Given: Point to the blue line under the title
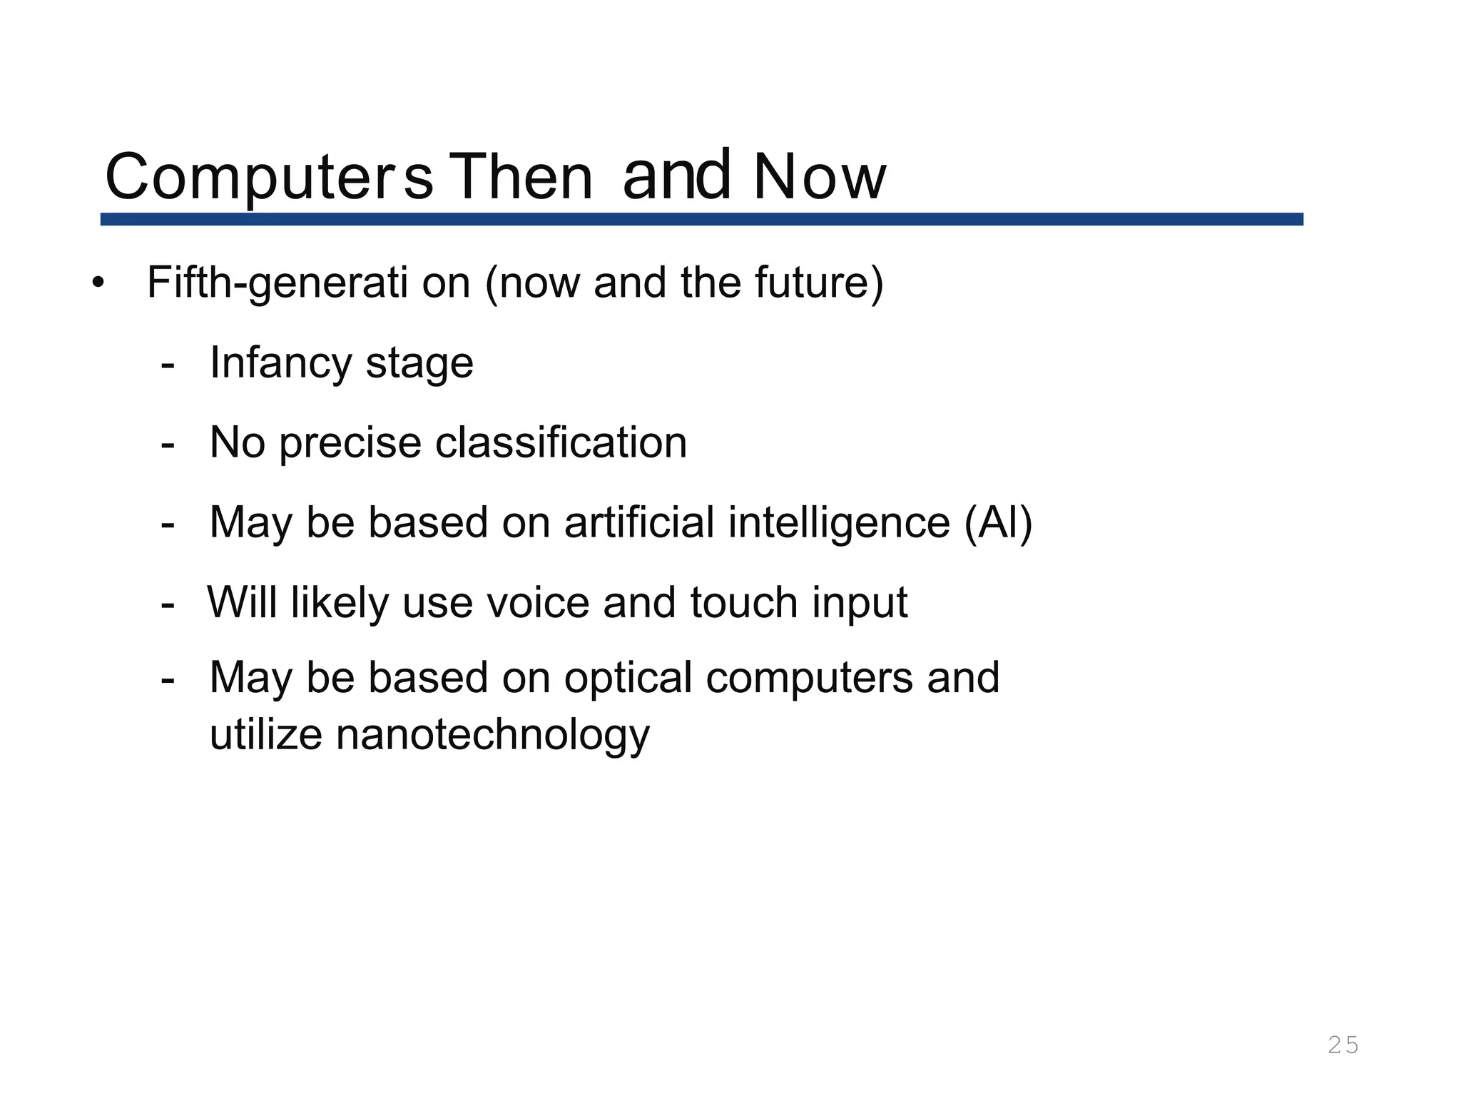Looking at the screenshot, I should (701, 219).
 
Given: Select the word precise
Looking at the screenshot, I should (350, 443).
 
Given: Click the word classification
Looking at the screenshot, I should (561, 443).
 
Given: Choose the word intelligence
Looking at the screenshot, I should (839, 524).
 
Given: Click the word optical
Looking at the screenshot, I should (628, 678).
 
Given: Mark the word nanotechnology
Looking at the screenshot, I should (493, 736).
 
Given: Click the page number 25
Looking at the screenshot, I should (1343, 1045).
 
